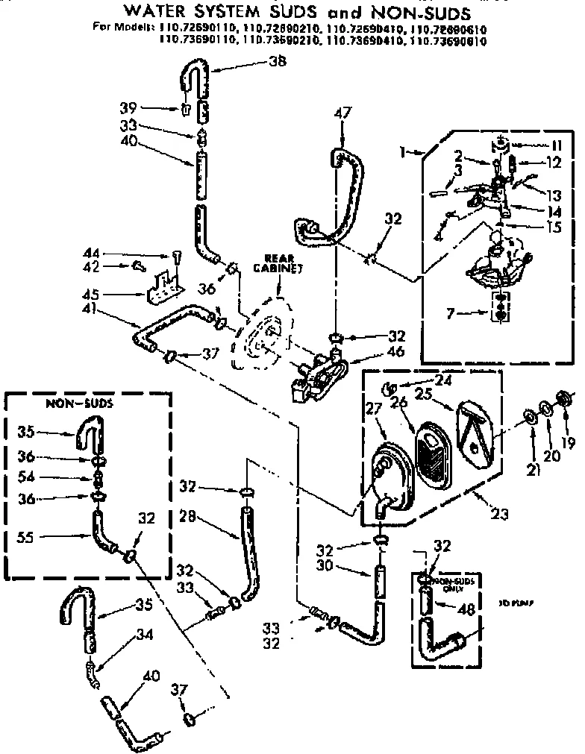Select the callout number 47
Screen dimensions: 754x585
coord(342,113)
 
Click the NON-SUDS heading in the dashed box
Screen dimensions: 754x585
coord(69,403)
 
